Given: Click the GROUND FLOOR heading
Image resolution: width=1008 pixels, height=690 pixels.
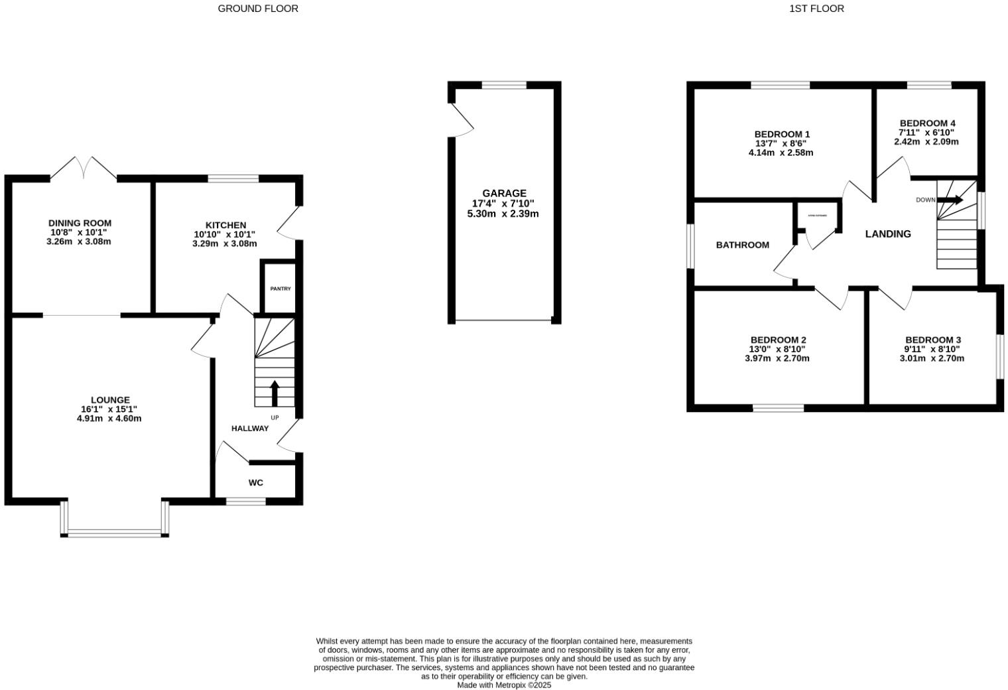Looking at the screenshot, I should (x=258, y=9).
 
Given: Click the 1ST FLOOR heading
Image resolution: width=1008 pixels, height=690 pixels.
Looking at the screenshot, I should (x=816, y=9).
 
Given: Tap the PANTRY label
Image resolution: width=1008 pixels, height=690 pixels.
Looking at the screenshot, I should (x=280, y=289).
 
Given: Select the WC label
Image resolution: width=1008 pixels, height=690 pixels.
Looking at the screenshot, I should (x=256, y=482).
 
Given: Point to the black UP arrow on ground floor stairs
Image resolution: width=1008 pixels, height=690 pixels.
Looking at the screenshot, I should (x=275, y=392).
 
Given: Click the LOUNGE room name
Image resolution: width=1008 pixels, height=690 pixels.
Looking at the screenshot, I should (x=110, y=400).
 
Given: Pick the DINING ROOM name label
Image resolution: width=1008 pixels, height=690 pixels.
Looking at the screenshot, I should (x=80, y=223).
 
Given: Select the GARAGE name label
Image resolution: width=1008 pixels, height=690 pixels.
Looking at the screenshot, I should (x=504, y=194).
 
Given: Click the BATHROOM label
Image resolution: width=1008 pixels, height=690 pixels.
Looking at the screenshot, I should (x=743, y=245).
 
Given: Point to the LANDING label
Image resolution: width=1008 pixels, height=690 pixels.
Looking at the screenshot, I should (x=888, y=234).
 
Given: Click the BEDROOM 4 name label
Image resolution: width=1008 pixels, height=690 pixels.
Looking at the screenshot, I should (x=927, y=123).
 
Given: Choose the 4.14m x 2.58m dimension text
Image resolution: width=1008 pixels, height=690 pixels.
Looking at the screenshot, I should (x=781, y=153).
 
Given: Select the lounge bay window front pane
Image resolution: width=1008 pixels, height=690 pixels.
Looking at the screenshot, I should (x=114, y=532).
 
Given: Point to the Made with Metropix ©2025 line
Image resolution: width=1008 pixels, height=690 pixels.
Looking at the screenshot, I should (x=504, y=685).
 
